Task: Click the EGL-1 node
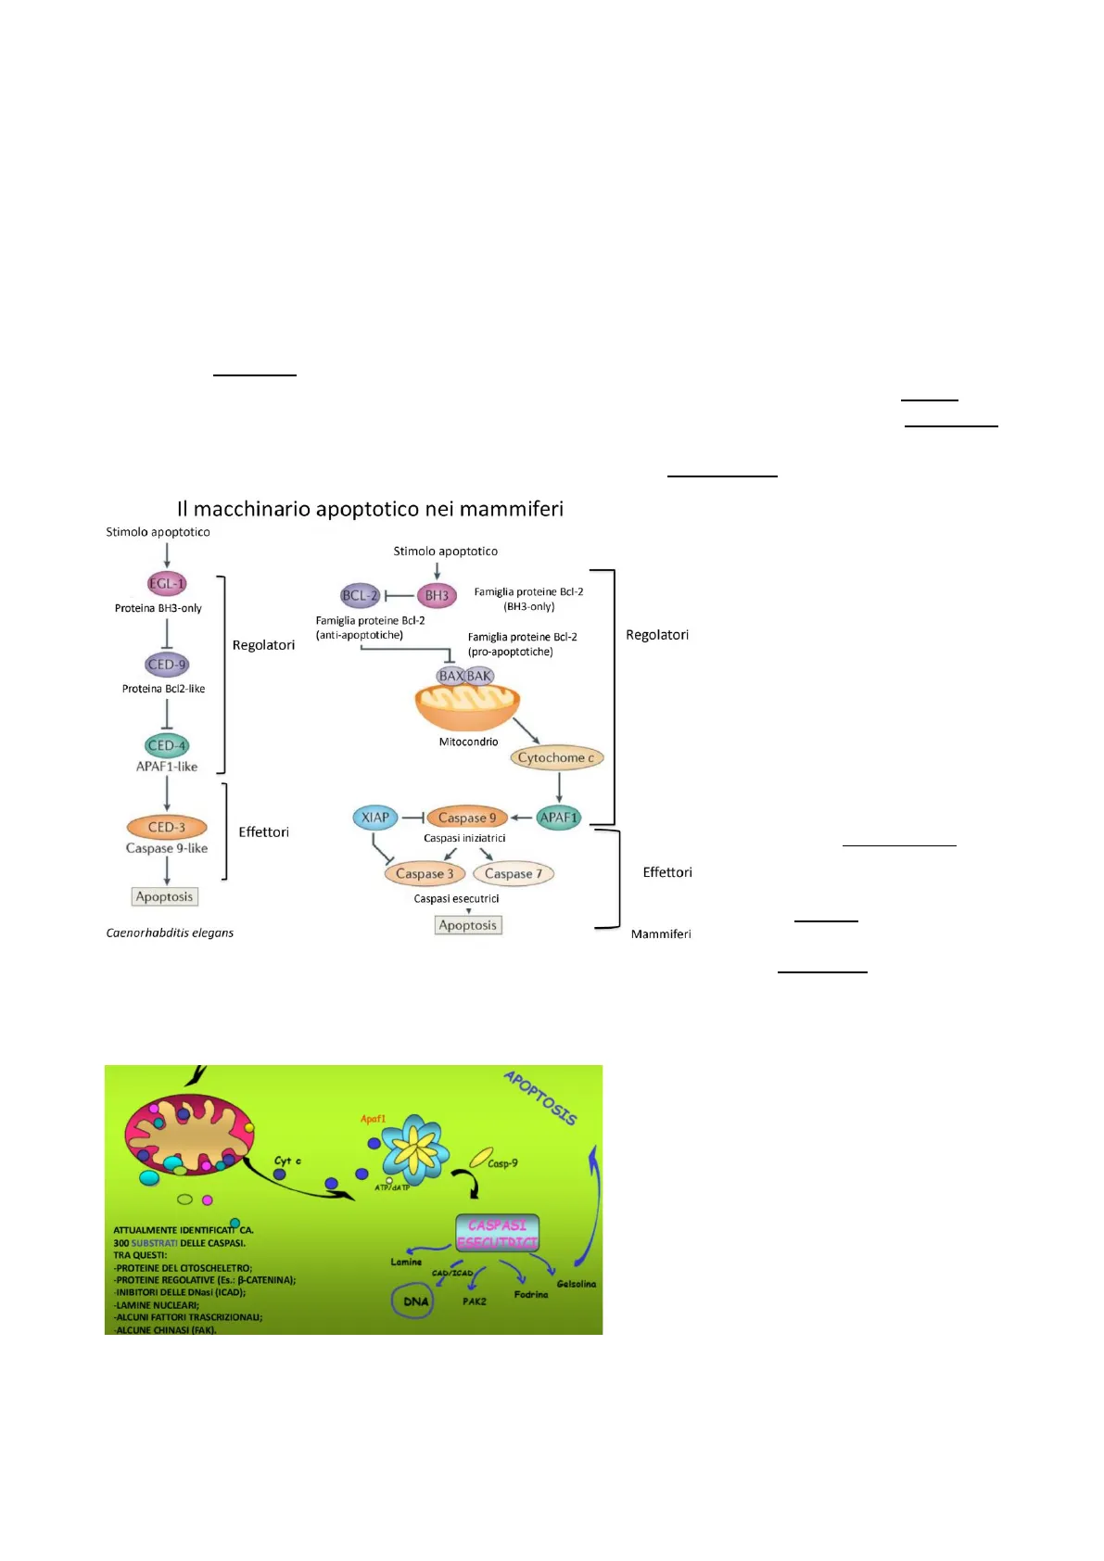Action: tap(167, 583)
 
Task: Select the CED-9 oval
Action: tap(167, 664)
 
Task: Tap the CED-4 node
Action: tap(167, 745)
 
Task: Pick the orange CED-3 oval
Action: tap(167, 827)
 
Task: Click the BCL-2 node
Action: tap(361, 596)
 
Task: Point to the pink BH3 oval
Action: tap(437, 596)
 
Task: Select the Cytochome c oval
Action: tap(556, 757)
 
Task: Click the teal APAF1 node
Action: tap(559, 818)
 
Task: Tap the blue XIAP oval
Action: tap(375, 818)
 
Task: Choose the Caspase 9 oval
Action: tap(467, 818)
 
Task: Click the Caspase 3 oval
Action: tap(425, 873)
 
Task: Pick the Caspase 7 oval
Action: tap(514, 873)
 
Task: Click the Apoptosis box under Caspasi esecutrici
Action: tap(468, 925)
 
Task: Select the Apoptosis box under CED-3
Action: tap(165, 896)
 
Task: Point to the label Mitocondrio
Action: tap(468, 742)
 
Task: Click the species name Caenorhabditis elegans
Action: tap(170, 933)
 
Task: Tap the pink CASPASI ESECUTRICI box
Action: tap(498, 1234)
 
